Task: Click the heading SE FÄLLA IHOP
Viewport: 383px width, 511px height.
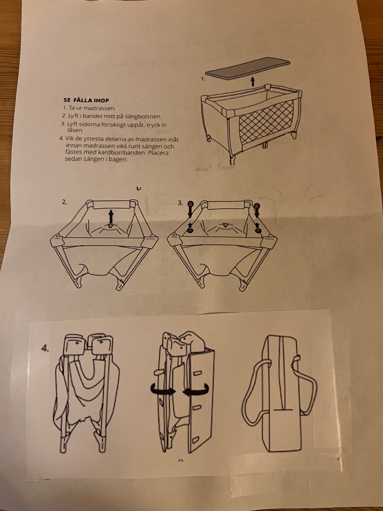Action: pyautogui.click(x=86, y=100)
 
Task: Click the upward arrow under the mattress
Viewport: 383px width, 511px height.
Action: pyautogui.click(x=253, y=82)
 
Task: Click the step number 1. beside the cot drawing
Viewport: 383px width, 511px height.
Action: pyautogui.click(x=203, y=79)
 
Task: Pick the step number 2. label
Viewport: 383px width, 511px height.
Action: pyautogui.click(x=64, y=202)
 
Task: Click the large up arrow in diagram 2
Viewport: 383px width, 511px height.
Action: pyautogui.click(x=111, y=216)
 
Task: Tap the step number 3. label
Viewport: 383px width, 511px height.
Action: pyautogui.click(x=180, y=203)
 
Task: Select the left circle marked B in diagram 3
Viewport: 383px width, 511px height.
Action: pyautogui.click(x=190, y=204)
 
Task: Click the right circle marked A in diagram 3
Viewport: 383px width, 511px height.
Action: pyautogui.click(x=258, y=230)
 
